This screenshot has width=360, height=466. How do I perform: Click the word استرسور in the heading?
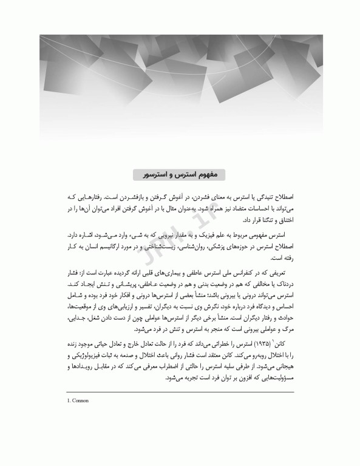[x=161, y=175]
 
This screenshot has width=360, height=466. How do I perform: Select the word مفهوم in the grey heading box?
[x=211, y=175]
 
